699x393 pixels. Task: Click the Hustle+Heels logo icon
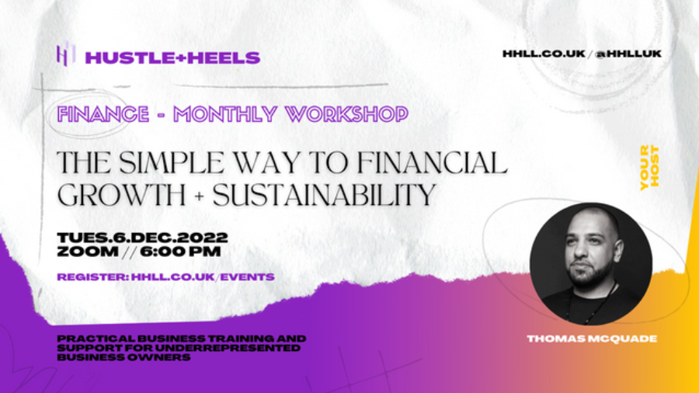pos(65,54)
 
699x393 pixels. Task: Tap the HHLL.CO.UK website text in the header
pos(544,54)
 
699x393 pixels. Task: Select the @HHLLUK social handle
pos(628,54)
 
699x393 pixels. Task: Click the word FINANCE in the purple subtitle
pos(103,114)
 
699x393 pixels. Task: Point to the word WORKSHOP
pos(347,114)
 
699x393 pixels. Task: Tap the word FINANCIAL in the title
pos(433,162)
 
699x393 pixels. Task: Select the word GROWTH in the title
pos(121,195)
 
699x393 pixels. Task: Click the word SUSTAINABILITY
pos(324,195)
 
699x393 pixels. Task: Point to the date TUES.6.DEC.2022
pos(143,238)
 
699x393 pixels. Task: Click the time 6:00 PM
pos(180,252)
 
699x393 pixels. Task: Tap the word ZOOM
pos(88,252)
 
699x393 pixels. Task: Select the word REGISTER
pos(92,277)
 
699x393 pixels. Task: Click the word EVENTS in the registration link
pos(248,277)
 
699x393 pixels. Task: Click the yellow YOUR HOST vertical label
pos(649,168)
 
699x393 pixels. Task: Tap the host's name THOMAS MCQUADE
pos(592,339)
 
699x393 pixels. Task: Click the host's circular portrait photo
pos(591,264)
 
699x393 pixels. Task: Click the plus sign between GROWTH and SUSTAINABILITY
pos(200,196)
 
